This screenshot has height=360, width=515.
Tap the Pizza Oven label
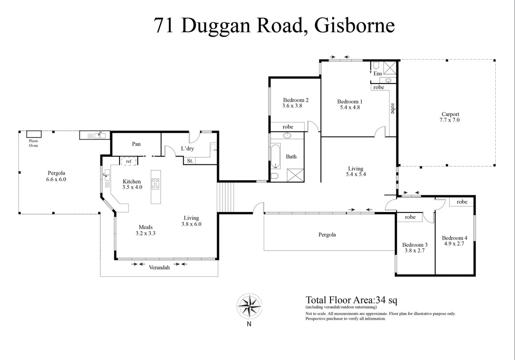(x=33, y=143)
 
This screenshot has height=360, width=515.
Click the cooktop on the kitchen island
(x=155, y=184)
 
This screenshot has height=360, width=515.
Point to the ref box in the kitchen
(x=129, y=161)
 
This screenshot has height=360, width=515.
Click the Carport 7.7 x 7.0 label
(x=450, y=117)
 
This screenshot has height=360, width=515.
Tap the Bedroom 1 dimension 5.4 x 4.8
(x=350, y=107)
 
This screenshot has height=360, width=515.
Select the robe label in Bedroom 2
(x=288, y=127)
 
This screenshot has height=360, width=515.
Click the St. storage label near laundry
(x=190, y=161)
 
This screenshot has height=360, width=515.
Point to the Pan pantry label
(x=136, y=144)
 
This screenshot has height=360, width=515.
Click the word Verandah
(x=159, y=267)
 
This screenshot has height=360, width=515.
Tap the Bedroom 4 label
(x=454, y=238)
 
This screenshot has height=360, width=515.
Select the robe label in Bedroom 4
(x=462, y=202)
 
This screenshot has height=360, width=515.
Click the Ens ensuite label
(x=377, y=73)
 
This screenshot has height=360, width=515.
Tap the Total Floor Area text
(x=351, y=300)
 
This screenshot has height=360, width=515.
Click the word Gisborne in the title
(x=354, y=25)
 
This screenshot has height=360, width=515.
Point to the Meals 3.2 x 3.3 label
(x=145, y=230)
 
